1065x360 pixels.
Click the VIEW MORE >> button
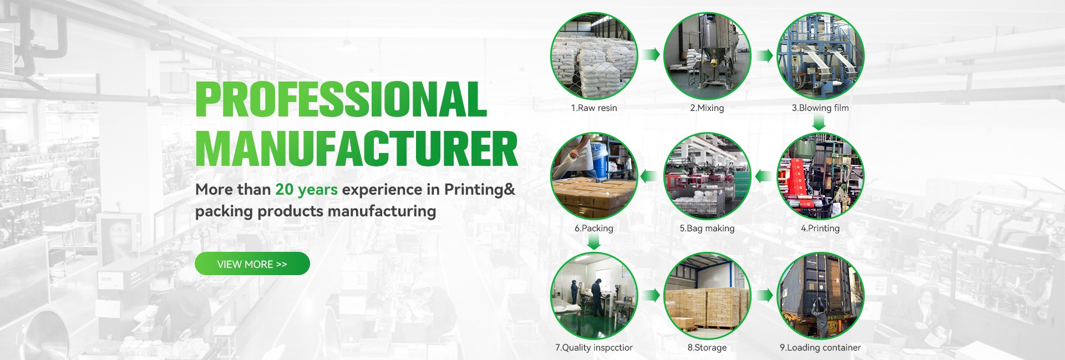pyautogui.click(x=252, y=263)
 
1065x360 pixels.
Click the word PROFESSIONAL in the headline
pyautogui.click(x=341, y=99)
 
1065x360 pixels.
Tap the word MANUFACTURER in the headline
pyautogui.click(x=357, y=148)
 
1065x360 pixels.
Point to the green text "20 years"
pyautogui.click(x=306, y=189)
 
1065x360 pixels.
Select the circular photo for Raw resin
pyautogui.click(x=594, y=56)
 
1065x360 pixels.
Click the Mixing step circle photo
pyautogui.click(x=707, y=56)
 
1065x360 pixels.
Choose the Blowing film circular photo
pyautogui.click(x=820, y=56)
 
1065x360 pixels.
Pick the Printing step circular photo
pyautogui.click(x=820, y=176)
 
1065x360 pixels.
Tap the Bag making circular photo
pyautogui.click(x=707, y=176)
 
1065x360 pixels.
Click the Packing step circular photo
pyautogui.click(x=594, y=176)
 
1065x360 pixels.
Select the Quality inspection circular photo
pyautogui.click(x=594, y=296)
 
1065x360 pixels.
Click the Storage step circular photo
pyautogui.click(x=707, y=296)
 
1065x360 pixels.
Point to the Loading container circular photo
pyautogui.click(x=820, y=296)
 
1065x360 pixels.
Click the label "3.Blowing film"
pyautogui.click(x=820, y=108)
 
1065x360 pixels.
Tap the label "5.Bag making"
pyautogui.click(x=707, y=228)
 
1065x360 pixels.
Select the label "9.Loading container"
pyautogui.click(x=820, y=348)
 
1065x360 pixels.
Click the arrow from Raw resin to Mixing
pyautogui.click(x=651, y=54)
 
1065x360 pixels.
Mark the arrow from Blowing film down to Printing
pyautogui.click(x=819, y=123)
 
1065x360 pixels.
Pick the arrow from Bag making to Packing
pyautogui.click(x=649, y=176)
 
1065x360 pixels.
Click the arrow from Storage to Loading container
pyautogui.click(x=765, y=295)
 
